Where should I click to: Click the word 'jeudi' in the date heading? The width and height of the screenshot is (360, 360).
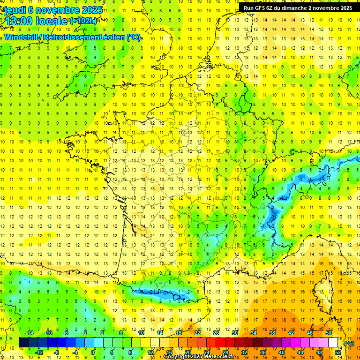(15, 10)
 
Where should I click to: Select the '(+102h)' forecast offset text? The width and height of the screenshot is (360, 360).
(83, 21)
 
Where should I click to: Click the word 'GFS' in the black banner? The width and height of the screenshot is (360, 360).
(263, 8)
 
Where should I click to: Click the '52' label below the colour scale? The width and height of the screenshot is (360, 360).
(338, 352)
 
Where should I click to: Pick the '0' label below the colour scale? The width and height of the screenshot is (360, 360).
(93, 352)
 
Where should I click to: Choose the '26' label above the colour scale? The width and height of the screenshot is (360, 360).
(216, 333)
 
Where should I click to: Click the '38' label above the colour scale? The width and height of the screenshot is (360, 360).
(272, 333)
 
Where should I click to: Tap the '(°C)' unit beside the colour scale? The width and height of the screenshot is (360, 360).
(349, 343)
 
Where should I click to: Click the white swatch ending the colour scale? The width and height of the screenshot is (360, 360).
(333, 343)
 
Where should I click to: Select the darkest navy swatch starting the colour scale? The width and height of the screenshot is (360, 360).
(24, 343)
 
